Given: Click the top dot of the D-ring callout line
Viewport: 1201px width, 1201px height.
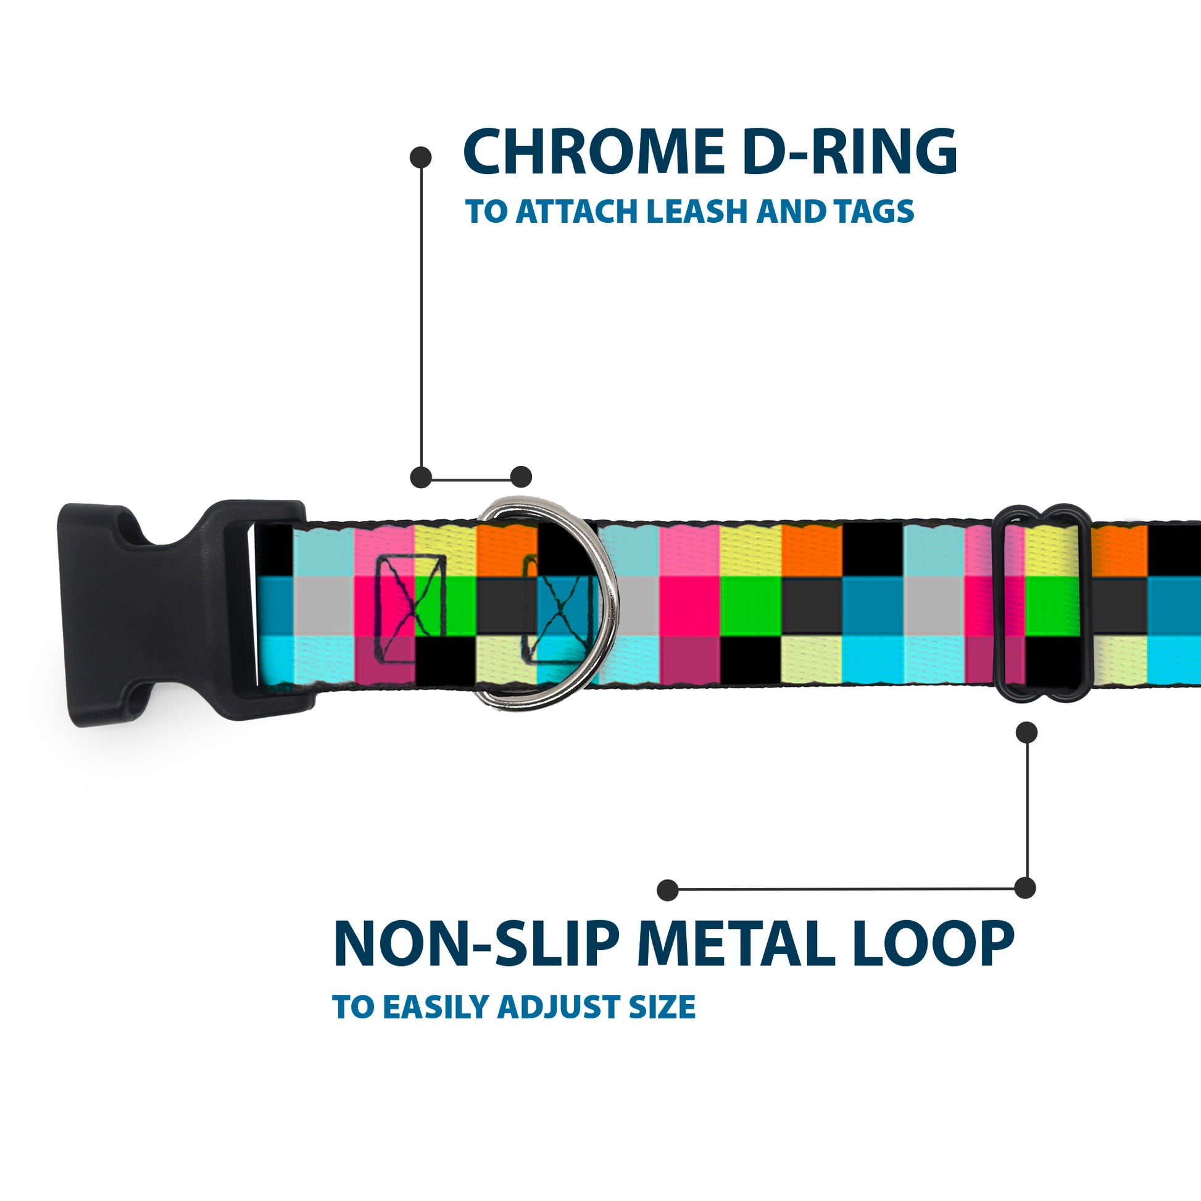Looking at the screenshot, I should (421, 157).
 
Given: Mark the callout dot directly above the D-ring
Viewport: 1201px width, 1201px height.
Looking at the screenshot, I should (521, 477).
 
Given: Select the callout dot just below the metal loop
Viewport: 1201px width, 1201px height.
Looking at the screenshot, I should (1026, 733).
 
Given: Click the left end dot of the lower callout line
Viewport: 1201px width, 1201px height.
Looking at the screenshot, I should (668, 889).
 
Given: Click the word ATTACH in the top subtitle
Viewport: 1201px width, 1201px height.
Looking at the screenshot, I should (575, 212).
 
